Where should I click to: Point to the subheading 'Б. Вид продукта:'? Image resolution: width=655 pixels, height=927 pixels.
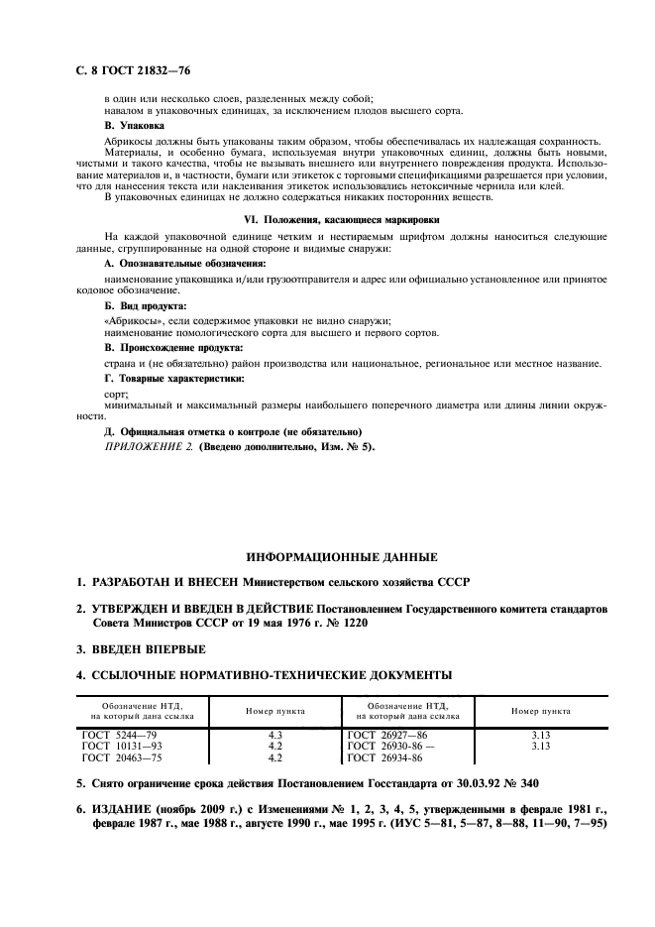[x=145, y=306]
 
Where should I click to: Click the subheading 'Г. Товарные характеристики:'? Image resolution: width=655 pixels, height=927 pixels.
[x=174, y=379]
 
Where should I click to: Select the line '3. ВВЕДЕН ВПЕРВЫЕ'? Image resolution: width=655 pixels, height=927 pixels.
[x=142, y=648]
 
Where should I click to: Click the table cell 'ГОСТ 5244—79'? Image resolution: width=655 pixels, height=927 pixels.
[x=122, y=735]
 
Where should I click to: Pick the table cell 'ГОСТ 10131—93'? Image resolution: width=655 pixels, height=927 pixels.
[x=124, y=746]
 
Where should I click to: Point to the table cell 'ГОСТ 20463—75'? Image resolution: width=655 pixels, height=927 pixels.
[x=124, y=757]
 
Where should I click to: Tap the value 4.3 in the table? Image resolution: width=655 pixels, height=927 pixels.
[x=275, y=735]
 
